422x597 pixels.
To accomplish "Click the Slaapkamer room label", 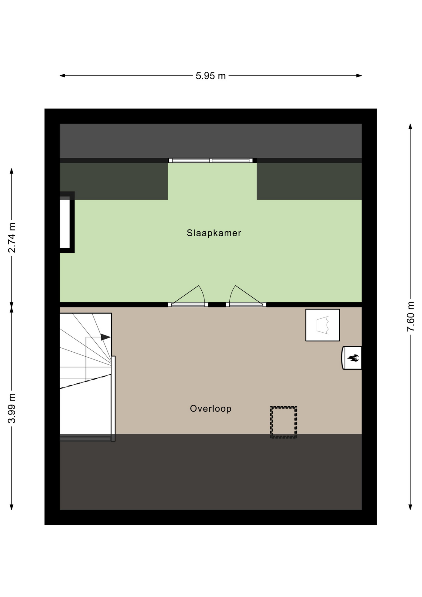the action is click(x=214, y=233).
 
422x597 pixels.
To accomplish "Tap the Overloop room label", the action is click(x=211, y=408).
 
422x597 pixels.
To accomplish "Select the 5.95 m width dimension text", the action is click(x=211, y=76).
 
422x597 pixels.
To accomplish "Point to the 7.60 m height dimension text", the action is click(x=411, y=316).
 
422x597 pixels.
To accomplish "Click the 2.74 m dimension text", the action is click(x=11, y=238).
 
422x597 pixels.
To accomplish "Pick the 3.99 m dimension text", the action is click(x=11, y=408).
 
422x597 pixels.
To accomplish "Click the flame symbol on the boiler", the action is click(x=353, y=358).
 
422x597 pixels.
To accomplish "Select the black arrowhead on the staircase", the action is click(x=106, y=337).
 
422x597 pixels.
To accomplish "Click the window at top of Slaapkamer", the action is click(x=211, y=160).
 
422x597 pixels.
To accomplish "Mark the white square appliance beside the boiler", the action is click(x=323, y=325).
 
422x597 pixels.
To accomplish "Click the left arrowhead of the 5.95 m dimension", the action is click(x=62, y=76).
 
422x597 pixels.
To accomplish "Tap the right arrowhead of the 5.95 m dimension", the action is click(x=359, y=76).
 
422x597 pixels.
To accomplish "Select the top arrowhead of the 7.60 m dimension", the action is click(x=410, y=126).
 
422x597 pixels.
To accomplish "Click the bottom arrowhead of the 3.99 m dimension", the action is click(x=11, y=507).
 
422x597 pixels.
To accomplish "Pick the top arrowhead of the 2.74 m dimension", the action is click(x=11, y=171).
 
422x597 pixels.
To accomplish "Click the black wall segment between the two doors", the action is click(x=217, y=305).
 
